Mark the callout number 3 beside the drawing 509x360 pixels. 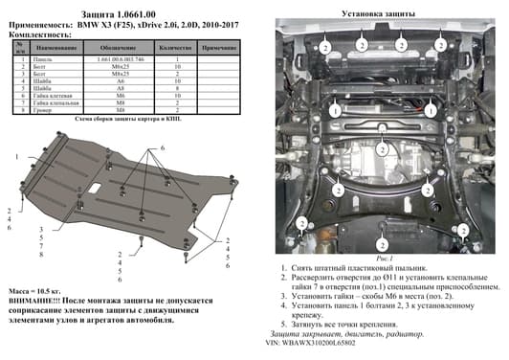click(x=41, y=231)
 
